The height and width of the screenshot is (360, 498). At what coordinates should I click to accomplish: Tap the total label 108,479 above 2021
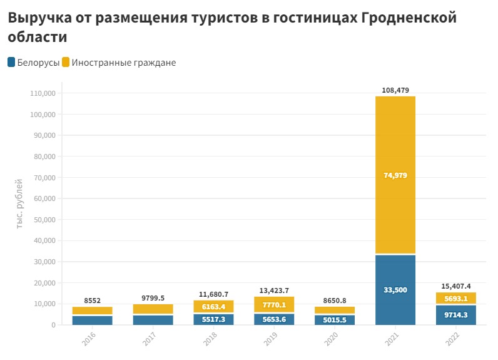pyautogui.click(x=395, y=90)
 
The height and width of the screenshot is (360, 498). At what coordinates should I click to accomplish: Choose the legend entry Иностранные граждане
pyautogui.click(x=119, y=63)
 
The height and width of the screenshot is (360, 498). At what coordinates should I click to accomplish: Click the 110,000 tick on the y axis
pyautogui.click(x=43, y=93)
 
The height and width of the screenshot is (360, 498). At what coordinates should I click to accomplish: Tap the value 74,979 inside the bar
pyautogui.click(x=395, y=175)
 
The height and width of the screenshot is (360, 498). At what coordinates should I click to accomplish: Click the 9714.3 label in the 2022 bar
pyautogui.click(x=455, y=315)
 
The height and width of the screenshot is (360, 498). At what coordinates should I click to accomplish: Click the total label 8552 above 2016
pyautogui.click(x=92, y=301)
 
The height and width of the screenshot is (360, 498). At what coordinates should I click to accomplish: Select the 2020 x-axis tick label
pyautogui.click(x=334, y=339)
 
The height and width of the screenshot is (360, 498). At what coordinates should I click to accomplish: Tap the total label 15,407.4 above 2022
pyautogui.click(x=455, y=286)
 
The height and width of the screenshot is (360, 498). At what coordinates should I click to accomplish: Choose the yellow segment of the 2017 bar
pyautogui.click(x=153, y=309)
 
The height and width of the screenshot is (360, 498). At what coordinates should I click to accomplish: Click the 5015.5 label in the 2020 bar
pyautogui.click(x=334, y=319)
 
